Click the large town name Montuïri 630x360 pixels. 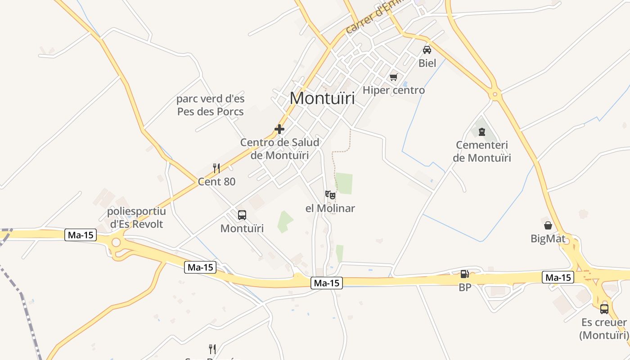[x=322, y=98]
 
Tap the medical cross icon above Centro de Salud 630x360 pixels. [x=279, y=129]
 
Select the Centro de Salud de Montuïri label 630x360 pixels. [x=279, y=149]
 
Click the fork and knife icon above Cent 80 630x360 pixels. [x=216, y=169]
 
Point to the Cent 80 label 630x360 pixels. [x=216, y=182]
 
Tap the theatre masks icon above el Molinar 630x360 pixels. [x=330, y=195]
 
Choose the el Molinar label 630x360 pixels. [x=330, y=208]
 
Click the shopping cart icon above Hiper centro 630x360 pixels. [x=394, y=77]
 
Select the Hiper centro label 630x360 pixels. [x=394, y=90]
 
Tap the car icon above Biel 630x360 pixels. [x=427, y=49]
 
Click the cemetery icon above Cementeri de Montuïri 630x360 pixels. [x=482, y=132]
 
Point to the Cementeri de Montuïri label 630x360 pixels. [x=482, y=152]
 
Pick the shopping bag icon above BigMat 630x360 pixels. [x=548, y=225]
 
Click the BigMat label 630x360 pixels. [x=548, y=238]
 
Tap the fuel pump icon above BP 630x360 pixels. [x=464, y=274]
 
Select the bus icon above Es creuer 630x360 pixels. [x=604, y=309]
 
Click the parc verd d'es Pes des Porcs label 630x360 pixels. [x=211, y=105]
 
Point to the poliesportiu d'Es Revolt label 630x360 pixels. [x=136, y=217]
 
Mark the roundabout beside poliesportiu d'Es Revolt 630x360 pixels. [x=116, y=243]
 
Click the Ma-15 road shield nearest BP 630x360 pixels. [x=558, y=278]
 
